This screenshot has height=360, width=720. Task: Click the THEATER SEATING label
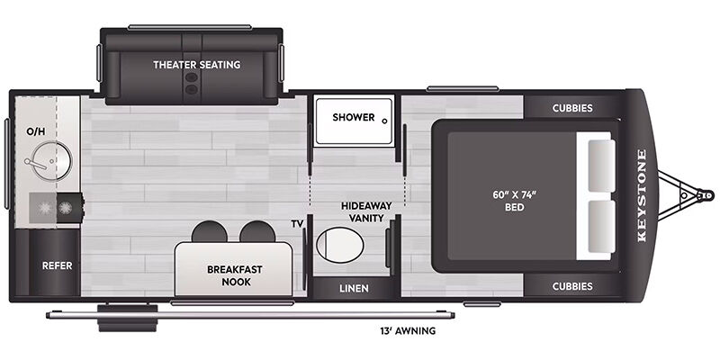coord(196,65)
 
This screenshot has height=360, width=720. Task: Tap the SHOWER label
coord(354,117)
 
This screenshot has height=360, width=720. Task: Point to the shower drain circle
coord(385,121)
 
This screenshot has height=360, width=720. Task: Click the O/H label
coord(36,131)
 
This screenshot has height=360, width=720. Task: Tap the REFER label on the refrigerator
coord(57,265)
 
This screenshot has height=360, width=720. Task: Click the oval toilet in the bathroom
coord(340,245)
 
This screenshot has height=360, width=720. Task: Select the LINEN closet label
coord(354,288)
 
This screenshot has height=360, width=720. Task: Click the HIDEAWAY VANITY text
coord(366,211)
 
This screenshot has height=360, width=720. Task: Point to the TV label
coord(298,224)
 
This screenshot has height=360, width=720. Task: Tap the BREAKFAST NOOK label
coord(235,275)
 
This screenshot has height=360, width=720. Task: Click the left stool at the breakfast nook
coord(210,232)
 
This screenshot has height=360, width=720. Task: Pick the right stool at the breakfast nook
coord(257,232)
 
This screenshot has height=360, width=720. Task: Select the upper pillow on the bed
coord(601,166)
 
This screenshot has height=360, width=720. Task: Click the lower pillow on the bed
coord(601,227)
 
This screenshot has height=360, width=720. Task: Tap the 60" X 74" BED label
coord(514,201)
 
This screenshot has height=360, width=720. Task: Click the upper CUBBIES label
coord(572,108)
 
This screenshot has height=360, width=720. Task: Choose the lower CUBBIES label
coord(572,286)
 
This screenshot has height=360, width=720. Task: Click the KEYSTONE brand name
coord(642,195)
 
